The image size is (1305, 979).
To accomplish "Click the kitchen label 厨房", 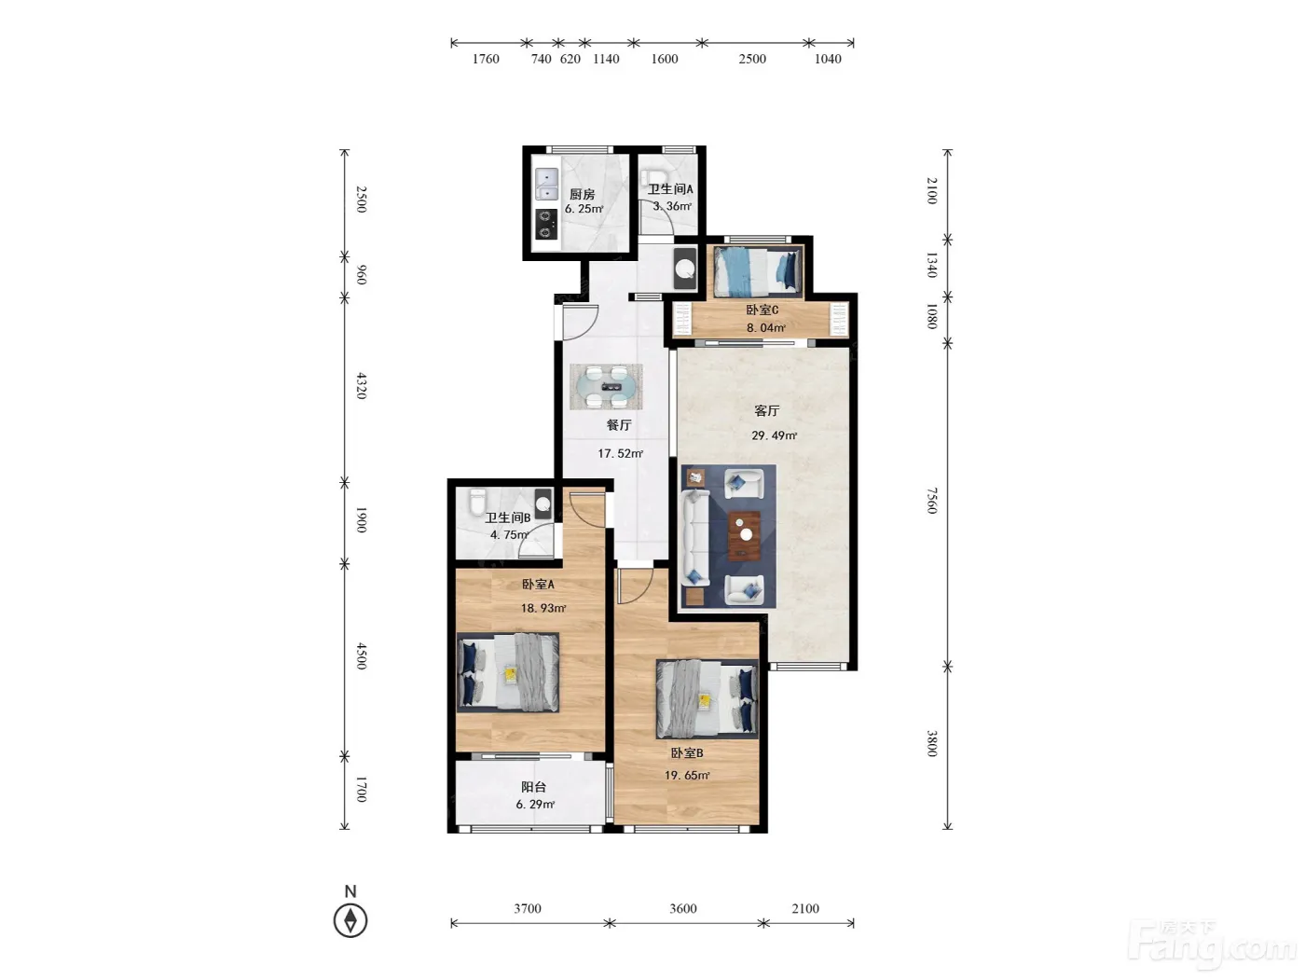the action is [x=582, y=194].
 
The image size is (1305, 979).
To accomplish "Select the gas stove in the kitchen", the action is [x=546, y=224].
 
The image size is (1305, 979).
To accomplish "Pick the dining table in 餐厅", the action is [x=606, y=387].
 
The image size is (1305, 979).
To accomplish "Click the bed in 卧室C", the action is [x=758, y=271].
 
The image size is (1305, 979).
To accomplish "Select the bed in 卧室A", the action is [x=508, y=671].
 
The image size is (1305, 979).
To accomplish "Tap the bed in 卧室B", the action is [x=707, y=698].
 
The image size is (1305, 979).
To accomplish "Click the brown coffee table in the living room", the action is [x=745, y=535].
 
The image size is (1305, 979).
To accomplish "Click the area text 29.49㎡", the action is [x=774, y=435].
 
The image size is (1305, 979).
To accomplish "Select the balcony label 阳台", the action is [x=533, y=787].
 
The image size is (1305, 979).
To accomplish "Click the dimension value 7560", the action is [x=931, y=501].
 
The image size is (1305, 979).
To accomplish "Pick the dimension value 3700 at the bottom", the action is [x=528, y=908].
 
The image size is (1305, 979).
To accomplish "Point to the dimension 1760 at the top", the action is [x=486, y=59].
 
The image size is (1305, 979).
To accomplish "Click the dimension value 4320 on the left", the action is [x=362, y=386].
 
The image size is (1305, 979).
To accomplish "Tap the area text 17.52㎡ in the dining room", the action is [x=620, y=453].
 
